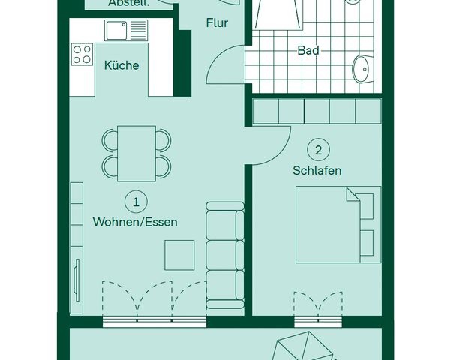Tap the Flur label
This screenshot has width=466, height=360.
click(x=217, y=22)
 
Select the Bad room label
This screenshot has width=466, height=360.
click(x=308, y=50)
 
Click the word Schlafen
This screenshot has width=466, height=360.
click(x=317, y=170)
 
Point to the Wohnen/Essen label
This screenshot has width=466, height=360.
click(x=135, y=221)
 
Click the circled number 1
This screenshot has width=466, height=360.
click(x=136, y=201)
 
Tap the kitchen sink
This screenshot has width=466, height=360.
click(x=125, y=30)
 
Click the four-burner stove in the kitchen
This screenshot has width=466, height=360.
click(x=82, y=54)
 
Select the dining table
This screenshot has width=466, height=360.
click(x=137, y=153)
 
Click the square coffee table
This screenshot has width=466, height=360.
click(x=180, y=254)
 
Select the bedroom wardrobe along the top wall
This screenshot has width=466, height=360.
click(x=317, y=111)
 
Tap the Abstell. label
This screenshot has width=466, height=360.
click(x=128, y=4)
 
